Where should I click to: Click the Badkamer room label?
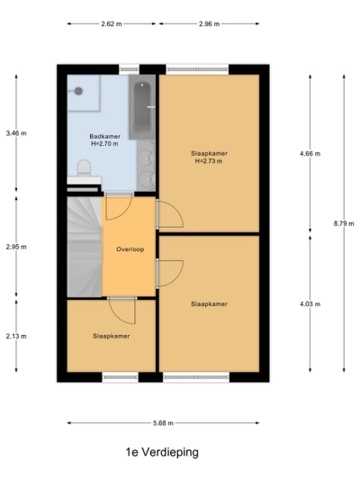tap(103, 140)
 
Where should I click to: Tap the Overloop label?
tap(130, 249)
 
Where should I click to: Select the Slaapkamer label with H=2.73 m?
tap(209, 157)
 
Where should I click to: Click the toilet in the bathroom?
tap(84, 168)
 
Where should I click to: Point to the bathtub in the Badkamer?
tap(141, 108)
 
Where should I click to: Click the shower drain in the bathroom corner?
tap(79, 90)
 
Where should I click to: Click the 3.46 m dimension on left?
tap(16, 133)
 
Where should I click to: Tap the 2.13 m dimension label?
tap(16, 337)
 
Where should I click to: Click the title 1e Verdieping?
tap(161, 452)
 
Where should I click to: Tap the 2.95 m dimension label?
tap(16, 246)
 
